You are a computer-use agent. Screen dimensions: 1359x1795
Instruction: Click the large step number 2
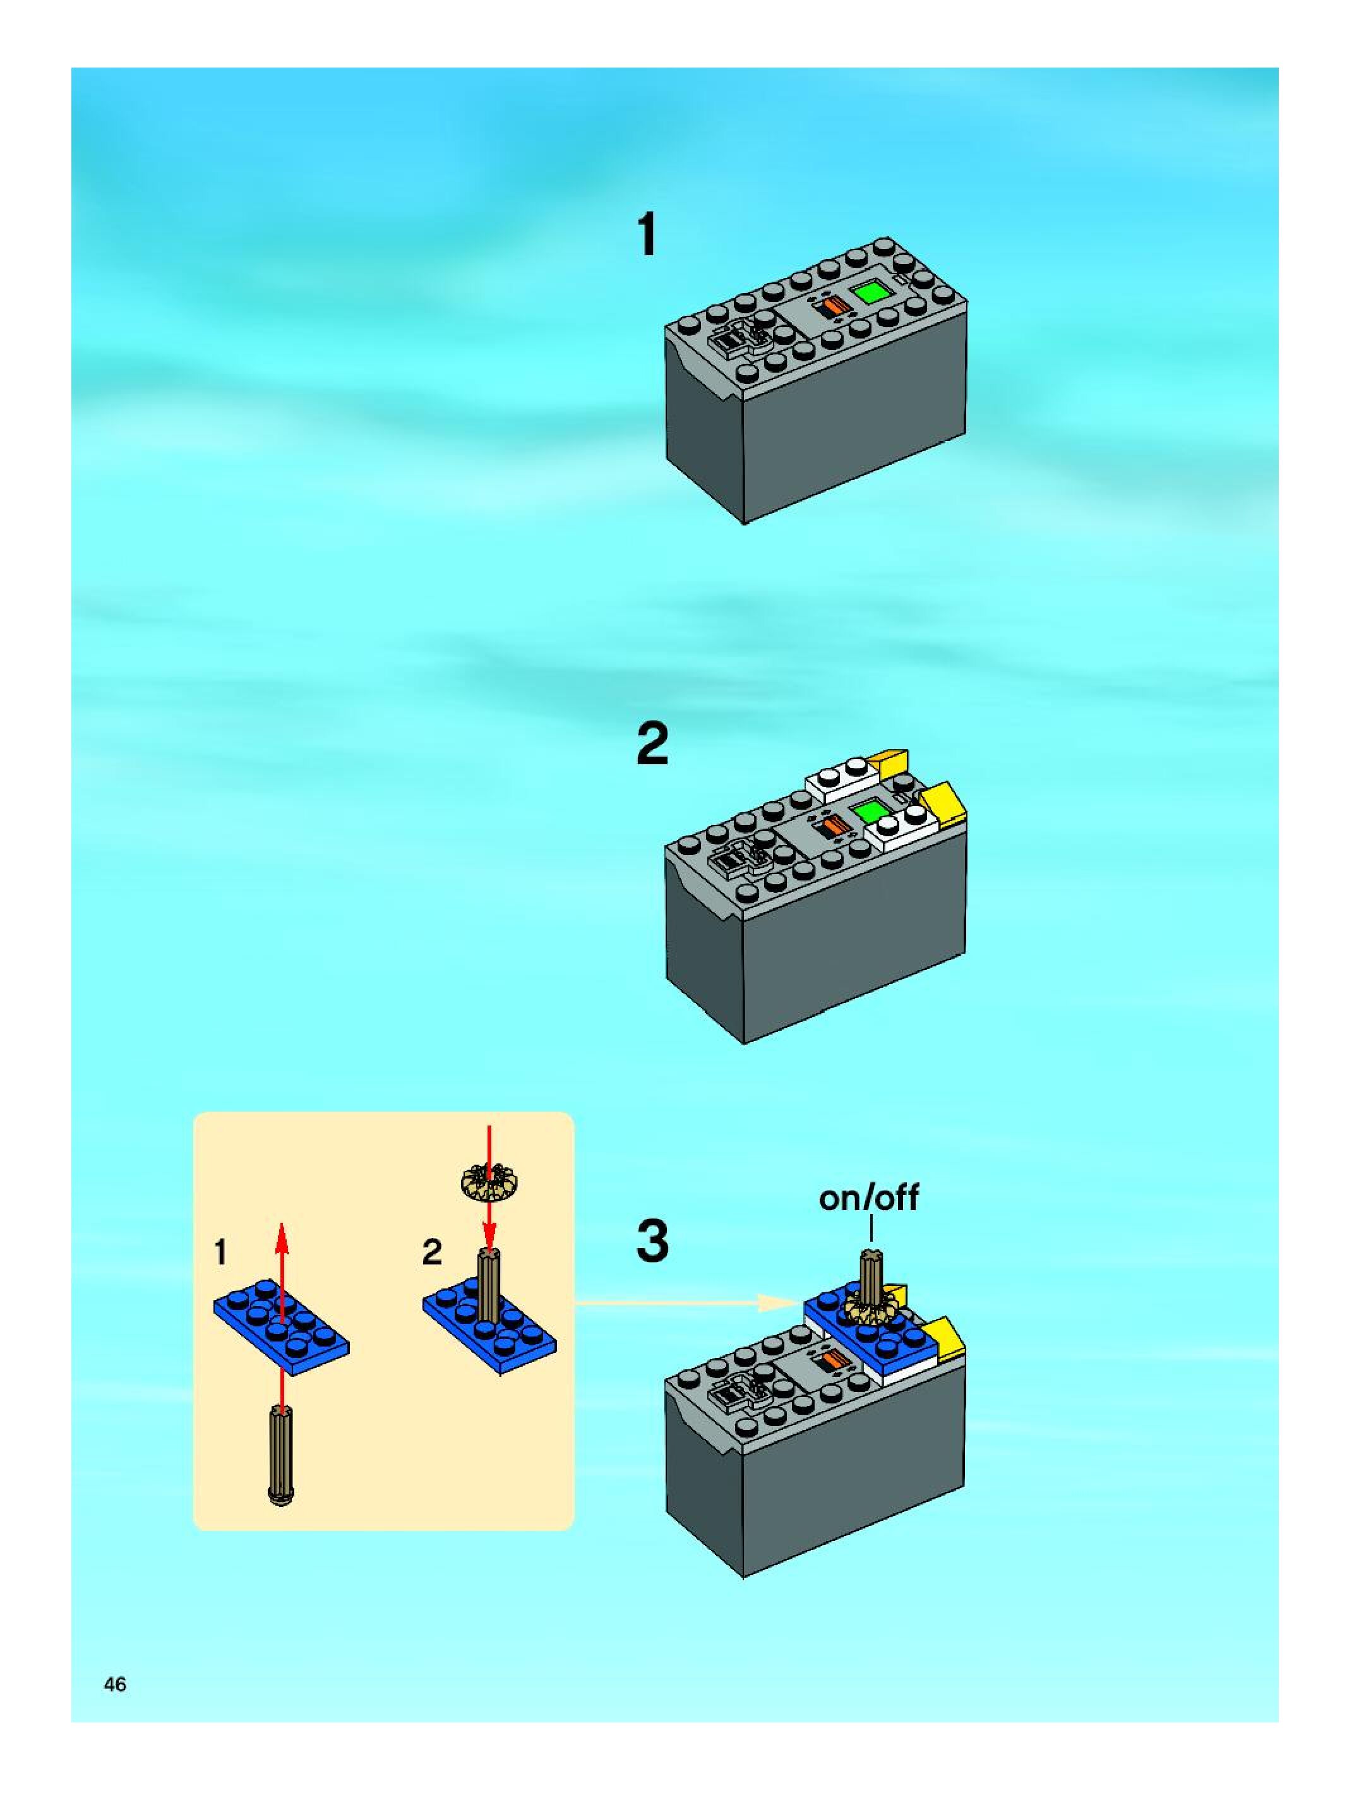tap(652, 745)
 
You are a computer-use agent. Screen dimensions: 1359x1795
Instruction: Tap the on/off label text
tap(868, 1198)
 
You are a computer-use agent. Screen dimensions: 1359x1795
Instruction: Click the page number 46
tap(115, 1684)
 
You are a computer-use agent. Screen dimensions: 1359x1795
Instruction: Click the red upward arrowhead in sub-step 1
tap(281, 1240)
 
